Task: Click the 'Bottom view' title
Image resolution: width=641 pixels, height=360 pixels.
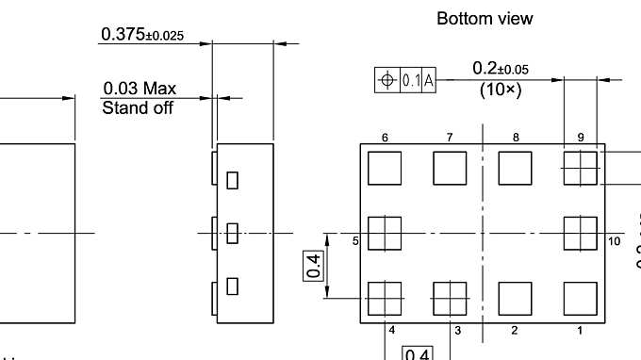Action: coord(485,18)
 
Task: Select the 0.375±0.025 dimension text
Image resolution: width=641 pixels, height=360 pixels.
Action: coord(142,35)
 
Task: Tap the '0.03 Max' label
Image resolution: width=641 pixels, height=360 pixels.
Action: coord(140,90)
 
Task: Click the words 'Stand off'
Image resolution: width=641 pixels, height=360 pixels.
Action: coord(138,108)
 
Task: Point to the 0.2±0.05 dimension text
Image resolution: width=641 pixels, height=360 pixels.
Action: coord(501,69)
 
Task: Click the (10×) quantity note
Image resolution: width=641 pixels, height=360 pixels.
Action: coord(501,90)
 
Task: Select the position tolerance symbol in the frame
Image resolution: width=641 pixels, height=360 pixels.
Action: coord(386,80)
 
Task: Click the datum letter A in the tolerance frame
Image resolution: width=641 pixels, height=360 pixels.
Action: coord(428,80)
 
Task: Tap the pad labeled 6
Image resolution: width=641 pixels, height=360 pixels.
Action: coord(385,168)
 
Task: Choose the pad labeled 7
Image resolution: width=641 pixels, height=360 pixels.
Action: coord(450,168)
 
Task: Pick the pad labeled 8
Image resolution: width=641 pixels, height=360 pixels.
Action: coord(515,168)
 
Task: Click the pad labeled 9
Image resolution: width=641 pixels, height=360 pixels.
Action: coord(580,168)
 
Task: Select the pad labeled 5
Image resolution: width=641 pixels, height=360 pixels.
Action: coord(385,233)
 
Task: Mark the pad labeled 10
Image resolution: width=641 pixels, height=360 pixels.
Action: coord(580,233)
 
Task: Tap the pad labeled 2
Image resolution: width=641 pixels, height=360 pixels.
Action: coord(515,298)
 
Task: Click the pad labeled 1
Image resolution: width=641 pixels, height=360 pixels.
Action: coord(580,298)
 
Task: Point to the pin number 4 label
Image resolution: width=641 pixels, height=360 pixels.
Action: coord(392,330)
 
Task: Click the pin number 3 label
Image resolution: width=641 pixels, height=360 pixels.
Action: coord(458,330)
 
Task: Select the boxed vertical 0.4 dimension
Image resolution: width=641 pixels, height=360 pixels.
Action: coord(312,266)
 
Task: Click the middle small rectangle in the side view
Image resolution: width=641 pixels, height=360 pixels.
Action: coord(232,233)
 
